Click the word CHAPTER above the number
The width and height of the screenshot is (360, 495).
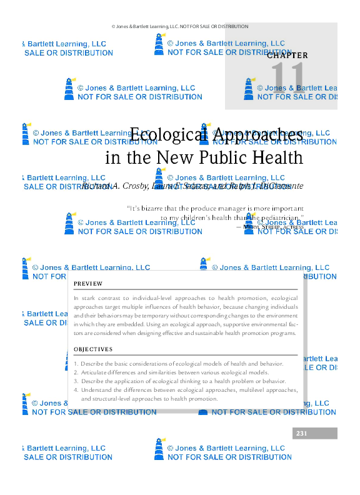[287, 55]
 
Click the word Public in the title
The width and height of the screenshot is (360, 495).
[227, 157]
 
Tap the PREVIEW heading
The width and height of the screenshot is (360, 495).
[88, 284]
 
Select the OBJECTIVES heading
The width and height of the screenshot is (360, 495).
[93, 349]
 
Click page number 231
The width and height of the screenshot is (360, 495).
[302, 433]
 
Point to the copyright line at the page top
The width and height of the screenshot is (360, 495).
[180, 26]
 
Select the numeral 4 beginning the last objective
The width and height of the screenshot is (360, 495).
[76, 389]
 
